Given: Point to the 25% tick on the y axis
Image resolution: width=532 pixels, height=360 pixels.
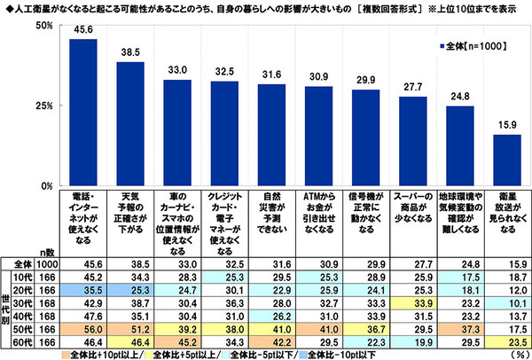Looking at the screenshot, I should click(45, 106).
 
